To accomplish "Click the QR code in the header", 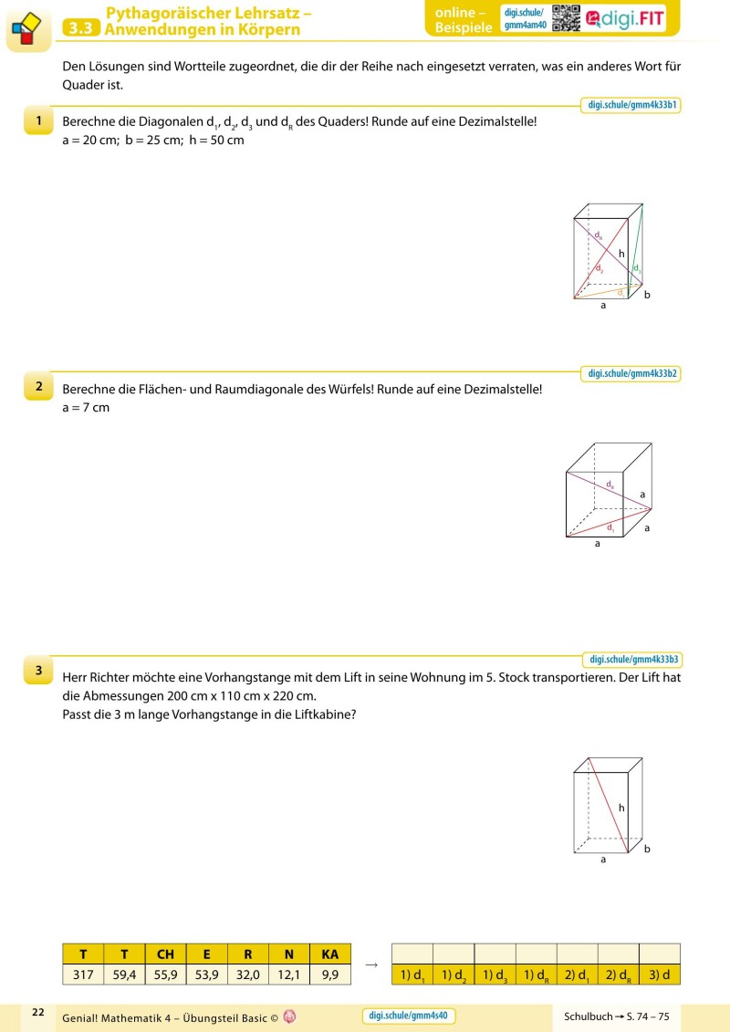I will click(566, 18).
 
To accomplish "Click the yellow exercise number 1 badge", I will click(38, 121).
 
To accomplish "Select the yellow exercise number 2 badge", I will click(38, 387).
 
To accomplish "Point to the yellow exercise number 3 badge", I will click(38, 672).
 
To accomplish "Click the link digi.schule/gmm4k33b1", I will click(631, 105).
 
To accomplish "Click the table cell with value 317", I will click(83, 975).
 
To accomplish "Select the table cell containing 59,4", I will click(124, 975).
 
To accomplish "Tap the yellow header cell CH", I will click(165, 954).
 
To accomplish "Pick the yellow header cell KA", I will click(330, 954).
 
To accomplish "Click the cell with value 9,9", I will click(330, 975).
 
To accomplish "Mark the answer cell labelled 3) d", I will click(660, 975).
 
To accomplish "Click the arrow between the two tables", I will click(371, 964).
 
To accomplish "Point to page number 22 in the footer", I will click(38, 1012).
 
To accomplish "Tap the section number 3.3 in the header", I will click(81, 28).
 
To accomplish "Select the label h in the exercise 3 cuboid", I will click(621, 808).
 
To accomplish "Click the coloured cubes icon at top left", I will click(25, 29).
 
